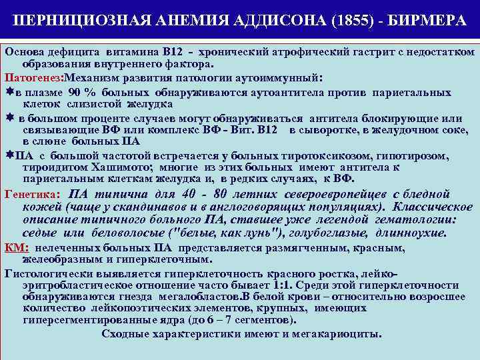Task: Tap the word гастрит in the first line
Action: point(341,52)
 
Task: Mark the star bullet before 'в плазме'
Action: point(8,91)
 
